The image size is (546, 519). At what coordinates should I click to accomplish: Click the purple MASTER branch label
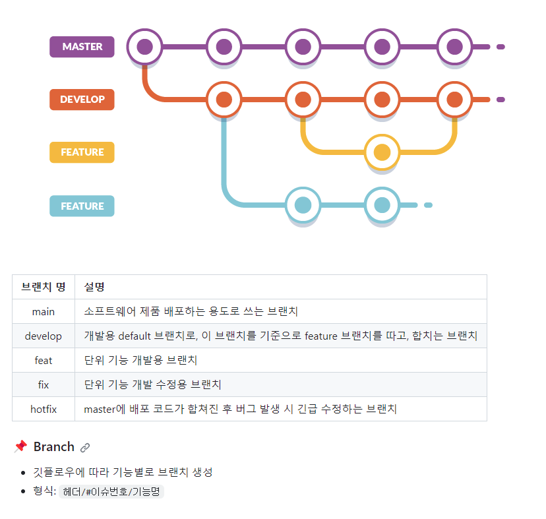[82, 47]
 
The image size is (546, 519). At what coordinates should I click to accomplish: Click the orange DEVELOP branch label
[82, 100]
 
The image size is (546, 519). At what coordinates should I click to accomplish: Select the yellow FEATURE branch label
[82, 152]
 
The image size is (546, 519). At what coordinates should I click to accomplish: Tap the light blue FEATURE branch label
[82, 206]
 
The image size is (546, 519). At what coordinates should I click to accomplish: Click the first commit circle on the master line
[145, 47]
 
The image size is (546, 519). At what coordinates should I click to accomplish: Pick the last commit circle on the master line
[454, 47]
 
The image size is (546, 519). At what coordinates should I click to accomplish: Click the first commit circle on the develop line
[224, 100]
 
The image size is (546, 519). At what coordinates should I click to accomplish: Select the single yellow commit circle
[382, 152]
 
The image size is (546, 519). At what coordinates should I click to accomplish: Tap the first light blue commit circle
[303, 205]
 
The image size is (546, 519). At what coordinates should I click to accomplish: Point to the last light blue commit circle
[382, 205]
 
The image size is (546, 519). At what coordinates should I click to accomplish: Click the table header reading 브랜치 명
[44, 287]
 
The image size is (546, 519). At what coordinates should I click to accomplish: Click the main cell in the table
[44, 311]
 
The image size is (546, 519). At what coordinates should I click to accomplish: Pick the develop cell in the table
[44, 336]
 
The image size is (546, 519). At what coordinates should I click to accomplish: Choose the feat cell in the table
[44, 360]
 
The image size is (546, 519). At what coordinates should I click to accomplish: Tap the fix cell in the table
[44, 384]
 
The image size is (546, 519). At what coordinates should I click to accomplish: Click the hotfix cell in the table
[44, 409]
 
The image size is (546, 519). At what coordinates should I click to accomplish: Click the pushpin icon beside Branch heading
[20, 447]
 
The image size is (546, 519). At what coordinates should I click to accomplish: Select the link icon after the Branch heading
[85, 448]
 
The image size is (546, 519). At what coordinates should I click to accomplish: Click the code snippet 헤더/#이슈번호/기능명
[111, 492]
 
